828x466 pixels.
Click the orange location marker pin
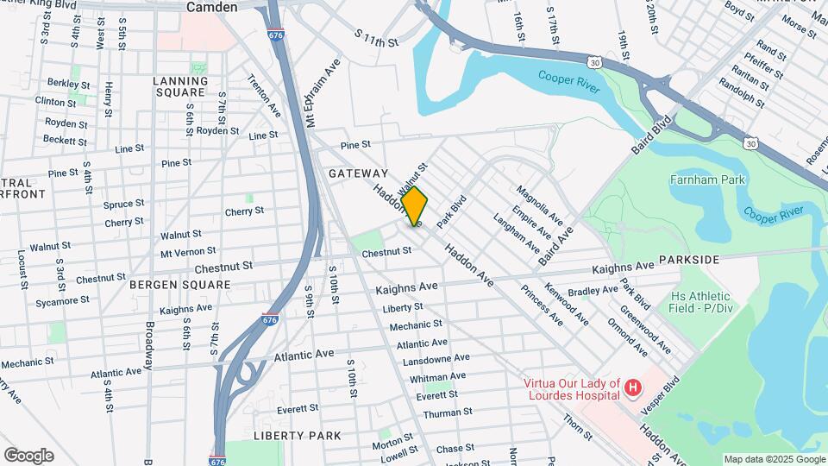tap(415, 205)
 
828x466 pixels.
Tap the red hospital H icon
tap(633, 388)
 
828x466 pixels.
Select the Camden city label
tap(212, 7)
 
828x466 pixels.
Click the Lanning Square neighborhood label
tap(180, 88)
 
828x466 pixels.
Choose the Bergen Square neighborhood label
tap(180, 284)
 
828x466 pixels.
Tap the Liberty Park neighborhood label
tap(298, 436)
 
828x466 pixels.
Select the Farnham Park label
tap(705, 180)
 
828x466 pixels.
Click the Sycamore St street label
tap(62, 301)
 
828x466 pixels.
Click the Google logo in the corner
tap(28, 455)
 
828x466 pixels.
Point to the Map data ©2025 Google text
tap(774, 459)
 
